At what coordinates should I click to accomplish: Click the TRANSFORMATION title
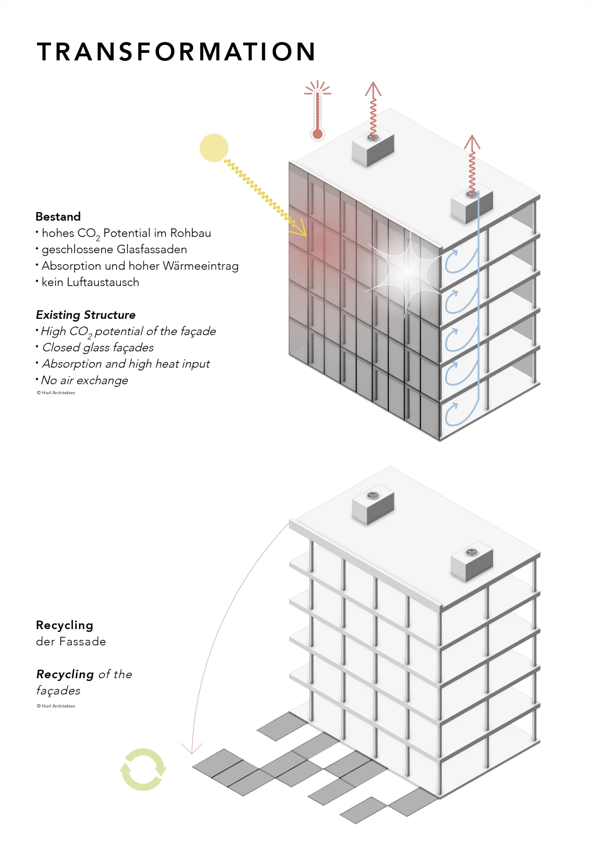click(176, 51)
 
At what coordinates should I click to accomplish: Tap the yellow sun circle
click(214, 148)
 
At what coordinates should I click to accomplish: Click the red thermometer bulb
click(317, 134)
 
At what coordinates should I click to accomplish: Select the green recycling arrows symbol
click(143, 769)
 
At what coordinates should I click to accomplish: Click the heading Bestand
click(58, 217)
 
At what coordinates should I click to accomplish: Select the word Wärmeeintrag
click(201, 266)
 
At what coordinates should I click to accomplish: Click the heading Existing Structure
click(86, 315)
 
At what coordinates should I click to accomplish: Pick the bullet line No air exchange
click(84, 380)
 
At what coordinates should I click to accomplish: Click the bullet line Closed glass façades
click(98, 348)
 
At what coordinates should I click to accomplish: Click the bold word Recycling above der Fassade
click(64, 625)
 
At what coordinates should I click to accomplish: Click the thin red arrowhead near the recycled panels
click(192, 748)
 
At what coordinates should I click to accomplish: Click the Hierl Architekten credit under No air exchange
click(56, 393)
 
